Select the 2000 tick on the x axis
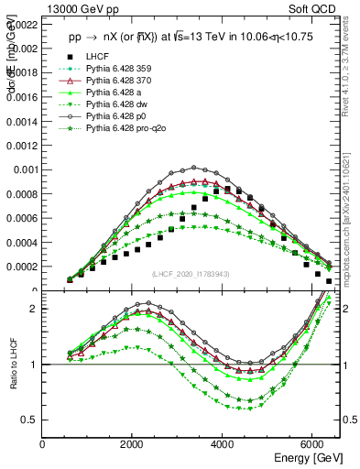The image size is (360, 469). (133, 444)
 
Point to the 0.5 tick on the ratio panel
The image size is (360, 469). (30, 420)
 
